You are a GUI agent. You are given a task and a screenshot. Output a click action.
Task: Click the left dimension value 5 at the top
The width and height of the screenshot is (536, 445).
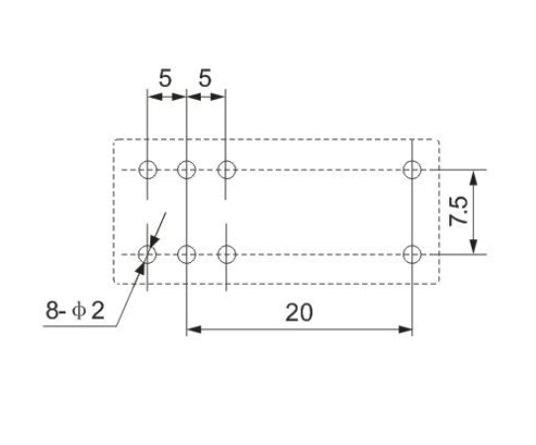(x=165, y=78)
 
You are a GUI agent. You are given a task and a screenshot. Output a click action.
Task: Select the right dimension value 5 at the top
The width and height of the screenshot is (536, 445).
(x=205, y=78)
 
